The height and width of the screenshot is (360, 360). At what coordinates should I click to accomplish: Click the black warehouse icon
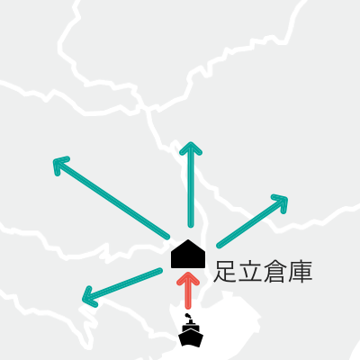click(188, 255)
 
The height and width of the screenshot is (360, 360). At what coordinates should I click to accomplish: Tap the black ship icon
click(191, 331)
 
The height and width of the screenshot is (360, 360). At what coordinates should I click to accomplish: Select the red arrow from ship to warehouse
click(188, 291)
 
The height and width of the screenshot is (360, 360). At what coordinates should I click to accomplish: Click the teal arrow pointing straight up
click(191, 184)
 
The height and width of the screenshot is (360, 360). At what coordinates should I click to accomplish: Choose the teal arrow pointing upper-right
click(252, 221)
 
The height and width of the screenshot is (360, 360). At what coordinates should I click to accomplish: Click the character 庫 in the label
click(300, 272)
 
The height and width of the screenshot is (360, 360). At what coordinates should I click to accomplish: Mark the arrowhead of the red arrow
click(188, 278)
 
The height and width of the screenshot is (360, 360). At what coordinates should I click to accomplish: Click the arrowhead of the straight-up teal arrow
click(191, 148)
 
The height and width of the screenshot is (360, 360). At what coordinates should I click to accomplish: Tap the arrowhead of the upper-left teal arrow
click(59, 165)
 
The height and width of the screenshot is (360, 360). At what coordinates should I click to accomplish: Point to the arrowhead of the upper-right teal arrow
click(281, 202)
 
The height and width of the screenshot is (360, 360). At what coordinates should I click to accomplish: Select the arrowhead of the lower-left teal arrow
click(88, 297)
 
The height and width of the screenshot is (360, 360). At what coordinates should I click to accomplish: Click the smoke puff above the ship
click(187, 316)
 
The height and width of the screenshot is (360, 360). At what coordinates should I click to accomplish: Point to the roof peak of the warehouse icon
click(188, 239)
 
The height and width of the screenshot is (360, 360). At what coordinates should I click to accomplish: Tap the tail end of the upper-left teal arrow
click(167, 237)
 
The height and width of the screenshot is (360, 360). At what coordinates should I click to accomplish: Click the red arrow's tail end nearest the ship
click(188, 306)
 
